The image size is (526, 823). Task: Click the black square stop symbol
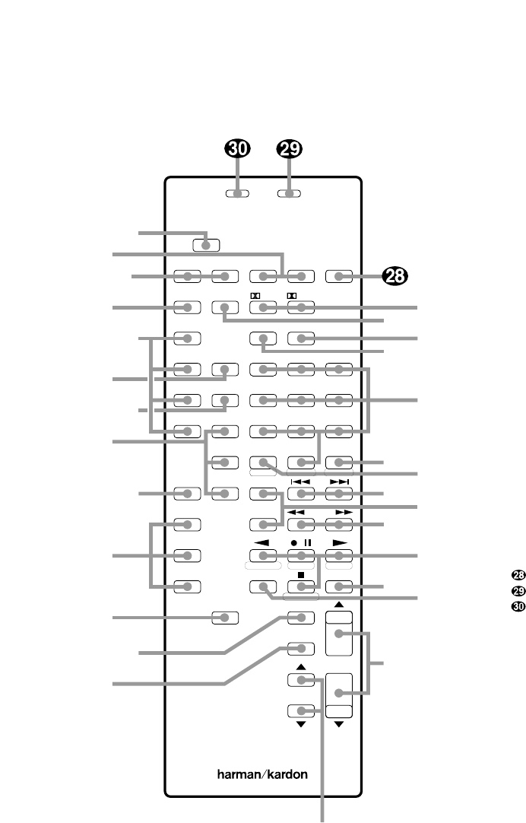301,574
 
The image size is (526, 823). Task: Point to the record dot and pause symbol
301,542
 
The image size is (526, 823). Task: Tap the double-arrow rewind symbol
301,513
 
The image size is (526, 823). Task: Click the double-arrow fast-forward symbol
339,513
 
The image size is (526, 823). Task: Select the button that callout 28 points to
339,277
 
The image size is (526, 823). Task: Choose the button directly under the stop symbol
301,586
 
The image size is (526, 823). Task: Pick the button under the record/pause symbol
301,555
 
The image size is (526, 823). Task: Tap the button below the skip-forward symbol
339,494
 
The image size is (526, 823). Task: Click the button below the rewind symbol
301,524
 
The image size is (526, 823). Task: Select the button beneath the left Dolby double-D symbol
262,308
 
